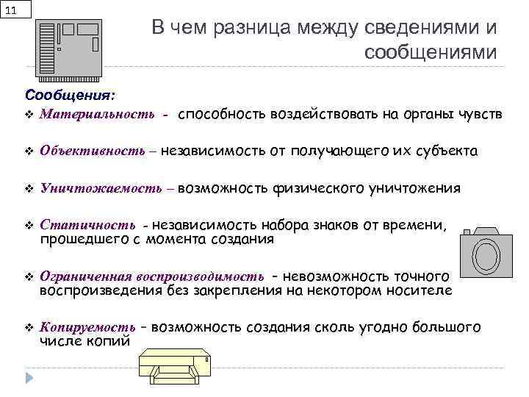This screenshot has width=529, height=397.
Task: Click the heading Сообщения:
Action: pyautogui.click(x=69, y=96)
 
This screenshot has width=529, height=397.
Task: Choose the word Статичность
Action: pyautogui.click(x=87, y=225)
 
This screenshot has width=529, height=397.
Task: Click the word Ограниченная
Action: pyautogui.click(x=85, y=276)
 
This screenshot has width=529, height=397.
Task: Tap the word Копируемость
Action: pyautogui.click(x=87, y=326)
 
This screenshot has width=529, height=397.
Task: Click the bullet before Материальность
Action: pyautogui.click(x=29, y=115)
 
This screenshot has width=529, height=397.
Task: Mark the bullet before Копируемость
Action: pyautogui.click(x=29, y=327)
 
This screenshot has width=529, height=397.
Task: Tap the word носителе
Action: pyautogui.click(x=422, y=290)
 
